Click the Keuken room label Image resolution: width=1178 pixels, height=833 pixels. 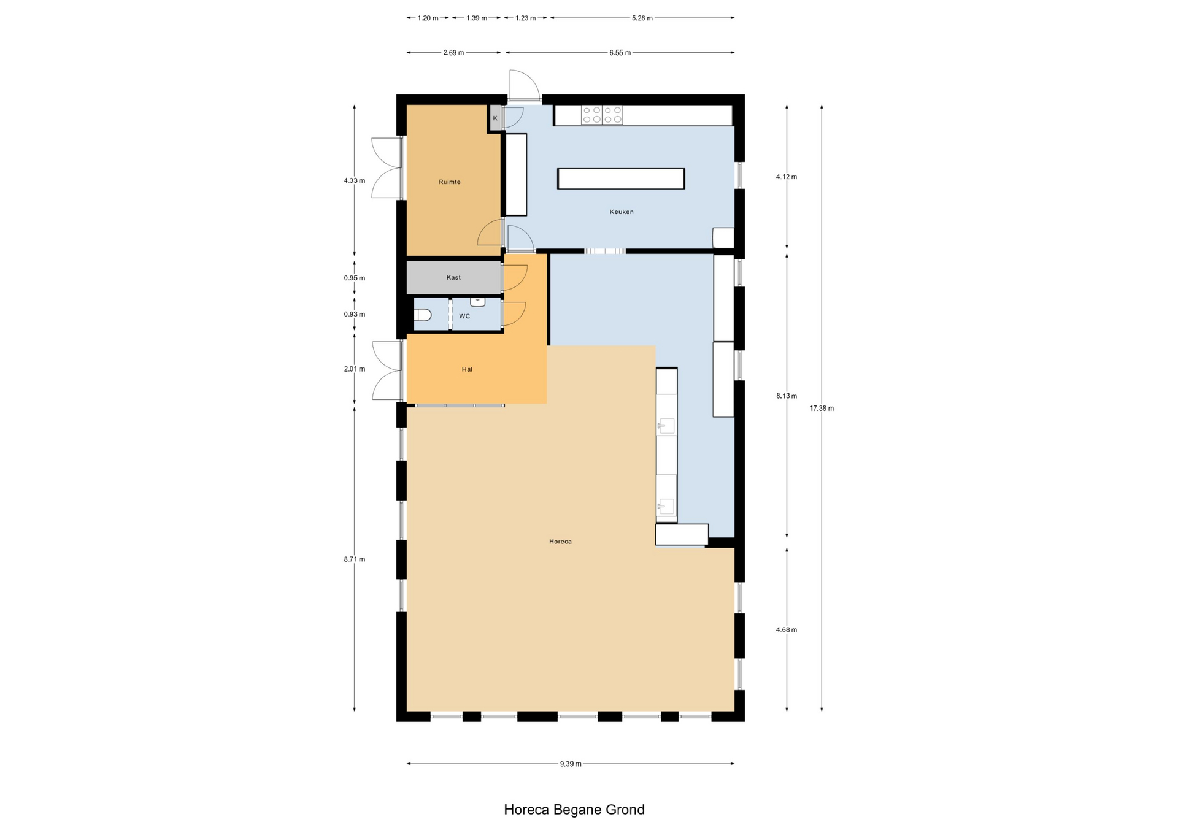(622, 212)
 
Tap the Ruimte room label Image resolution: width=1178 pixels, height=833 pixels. (449, 182)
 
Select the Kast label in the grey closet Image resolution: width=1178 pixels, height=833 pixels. (453, 278)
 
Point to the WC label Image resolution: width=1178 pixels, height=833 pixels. (464, 317)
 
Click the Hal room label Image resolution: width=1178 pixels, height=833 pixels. (467, 370)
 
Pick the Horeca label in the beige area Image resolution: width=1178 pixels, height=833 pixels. (560, 542)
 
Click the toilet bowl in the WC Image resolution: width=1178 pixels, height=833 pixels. (423, 315)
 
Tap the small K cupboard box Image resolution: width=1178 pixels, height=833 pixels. (495, 118)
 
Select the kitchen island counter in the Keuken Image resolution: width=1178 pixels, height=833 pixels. (621, 178)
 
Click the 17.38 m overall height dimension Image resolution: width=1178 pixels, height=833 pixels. (822, 409)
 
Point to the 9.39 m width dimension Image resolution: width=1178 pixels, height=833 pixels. (571, 764)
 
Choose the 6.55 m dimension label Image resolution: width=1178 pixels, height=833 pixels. (620, 53)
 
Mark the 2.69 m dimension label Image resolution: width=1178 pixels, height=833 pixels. (453, 53)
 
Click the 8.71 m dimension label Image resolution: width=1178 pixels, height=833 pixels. (355, 559)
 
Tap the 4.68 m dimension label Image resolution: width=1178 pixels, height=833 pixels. (787, 630)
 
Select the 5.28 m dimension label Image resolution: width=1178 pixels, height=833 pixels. (642, 18)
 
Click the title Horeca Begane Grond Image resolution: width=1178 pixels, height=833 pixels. (574, 810)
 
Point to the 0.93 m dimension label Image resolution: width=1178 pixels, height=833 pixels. (355, 315)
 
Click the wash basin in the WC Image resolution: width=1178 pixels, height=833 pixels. (478, 302)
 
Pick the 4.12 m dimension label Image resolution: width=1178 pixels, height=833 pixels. (787, 177)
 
